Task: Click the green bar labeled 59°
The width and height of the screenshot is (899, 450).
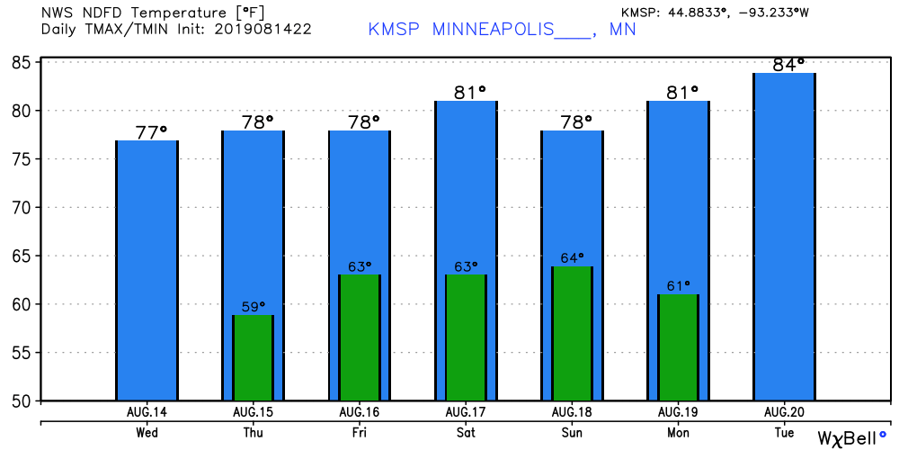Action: [253, 357]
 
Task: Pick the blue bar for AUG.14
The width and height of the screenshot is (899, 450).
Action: [147, 270]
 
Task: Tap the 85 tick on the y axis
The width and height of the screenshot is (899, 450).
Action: [22, 62]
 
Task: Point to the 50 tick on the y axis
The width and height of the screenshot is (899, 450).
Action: [22, 400]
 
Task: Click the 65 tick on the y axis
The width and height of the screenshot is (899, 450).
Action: [22, 256]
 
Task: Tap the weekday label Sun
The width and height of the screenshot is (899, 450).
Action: [572, 432]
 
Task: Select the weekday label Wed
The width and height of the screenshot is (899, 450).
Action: [147, 432]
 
